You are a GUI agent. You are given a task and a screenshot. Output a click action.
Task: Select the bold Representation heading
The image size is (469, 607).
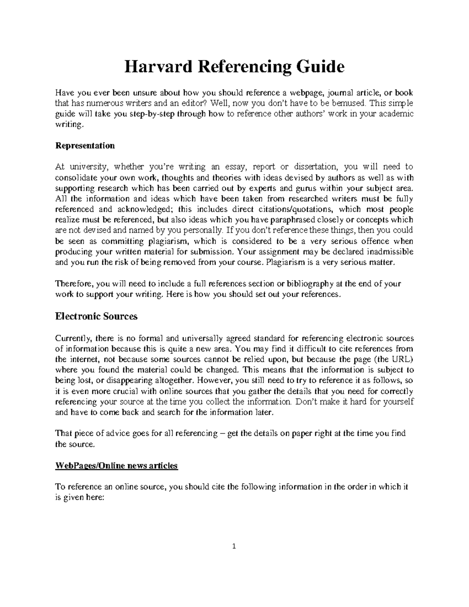coord(85,146)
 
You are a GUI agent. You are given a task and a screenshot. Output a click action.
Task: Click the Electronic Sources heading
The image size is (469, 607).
coord(96,316)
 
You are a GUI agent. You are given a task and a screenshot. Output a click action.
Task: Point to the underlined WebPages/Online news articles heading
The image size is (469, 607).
coord(116,466)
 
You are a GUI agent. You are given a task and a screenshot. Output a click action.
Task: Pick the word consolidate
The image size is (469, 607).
coord(77,177)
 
